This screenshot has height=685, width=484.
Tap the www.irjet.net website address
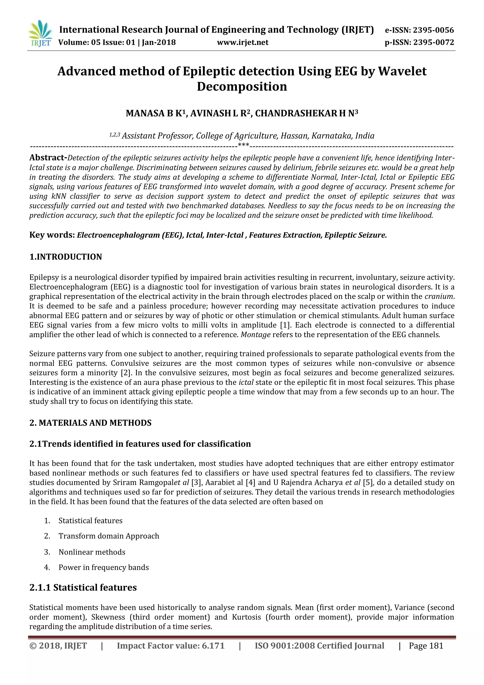243,42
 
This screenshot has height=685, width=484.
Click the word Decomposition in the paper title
242,87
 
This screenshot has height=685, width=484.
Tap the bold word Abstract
48,158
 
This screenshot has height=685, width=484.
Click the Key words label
52,235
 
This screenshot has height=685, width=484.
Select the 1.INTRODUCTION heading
65,257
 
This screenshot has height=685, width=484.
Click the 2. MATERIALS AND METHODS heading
90,423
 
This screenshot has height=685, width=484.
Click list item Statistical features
90,521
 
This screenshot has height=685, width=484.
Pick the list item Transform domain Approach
109,536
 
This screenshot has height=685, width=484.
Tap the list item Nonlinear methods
92,552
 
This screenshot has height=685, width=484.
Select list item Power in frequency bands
104,567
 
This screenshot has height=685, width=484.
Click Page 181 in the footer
426,646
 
